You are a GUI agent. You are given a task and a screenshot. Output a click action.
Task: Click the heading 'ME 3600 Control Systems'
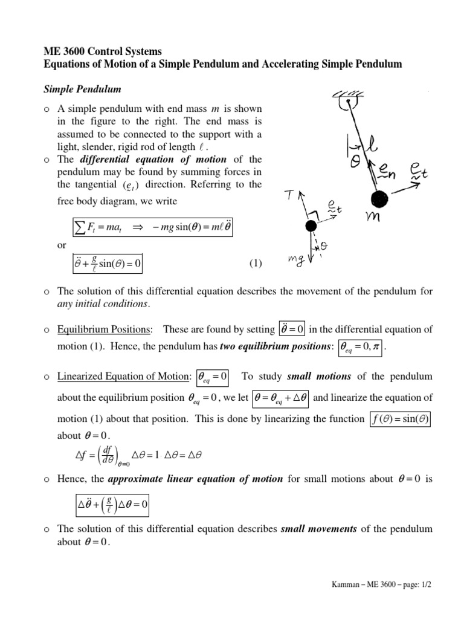tap(103, 52)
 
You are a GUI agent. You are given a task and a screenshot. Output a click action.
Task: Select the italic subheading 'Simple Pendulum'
tap(82, 89)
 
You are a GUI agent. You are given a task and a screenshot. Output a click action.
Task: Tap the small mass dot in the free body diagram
tap(311, 226)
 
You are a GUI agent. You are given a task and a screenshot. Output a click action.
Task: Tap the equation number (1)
tap(256, 263)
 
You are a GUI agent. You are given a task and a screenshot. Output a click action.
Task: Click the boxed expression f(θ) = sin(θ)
tap(399, 419)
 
